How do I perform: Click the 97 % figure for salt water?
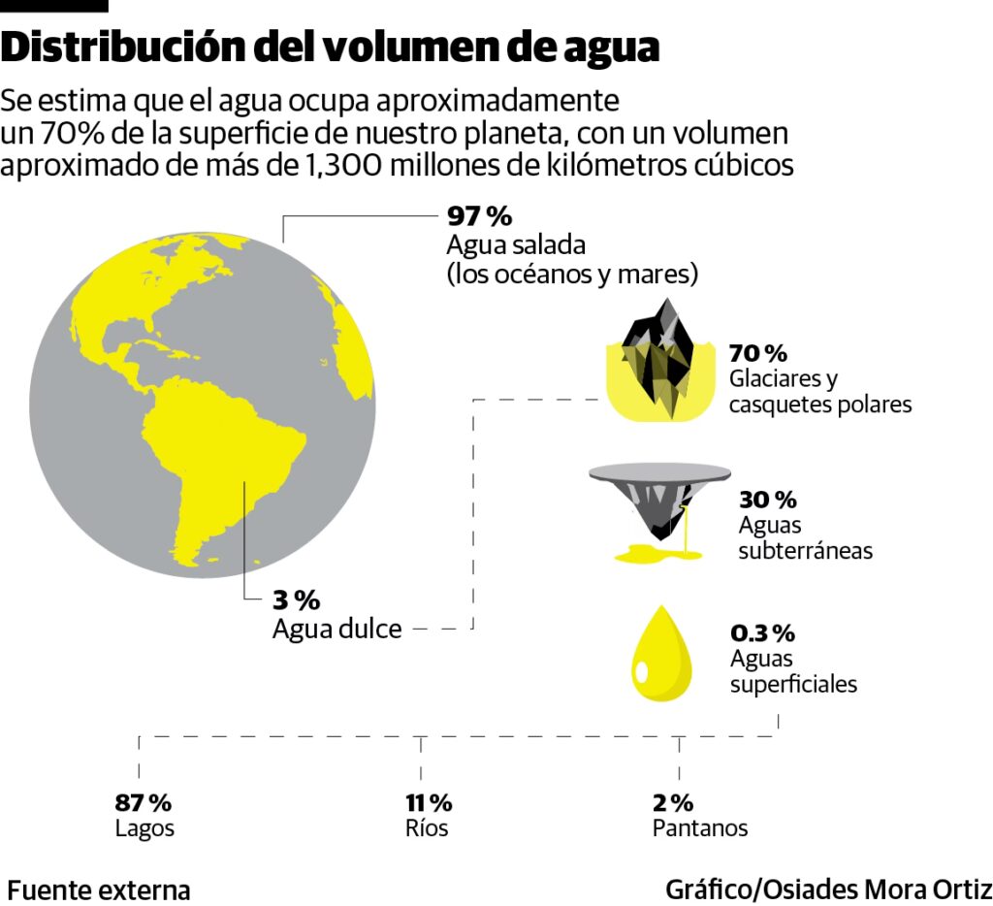tap(479, 214)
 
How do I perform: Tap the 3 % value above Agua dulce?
tap(296, 599)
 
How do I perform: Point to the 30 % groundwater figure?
tap(767, 500)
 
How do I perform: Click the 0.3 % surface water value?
tap(762, 633)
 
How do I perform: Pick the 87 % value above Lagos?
tap(143, 802)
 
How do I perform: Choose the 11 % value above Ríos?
tap(428, 802)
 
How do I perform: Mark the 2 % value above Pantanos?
tap(673, 802)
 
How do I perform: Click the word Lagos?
tap(144, 828)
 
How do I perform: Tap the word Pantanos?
tap(700, 828)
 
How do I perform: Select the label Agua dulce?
tap(336, 629)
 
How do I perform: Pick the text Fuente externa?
tap(99, 890)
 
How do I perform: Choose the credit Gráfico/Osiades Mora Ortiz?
tap(828, 890)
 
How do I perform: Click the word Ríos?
tap(427, 828)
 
